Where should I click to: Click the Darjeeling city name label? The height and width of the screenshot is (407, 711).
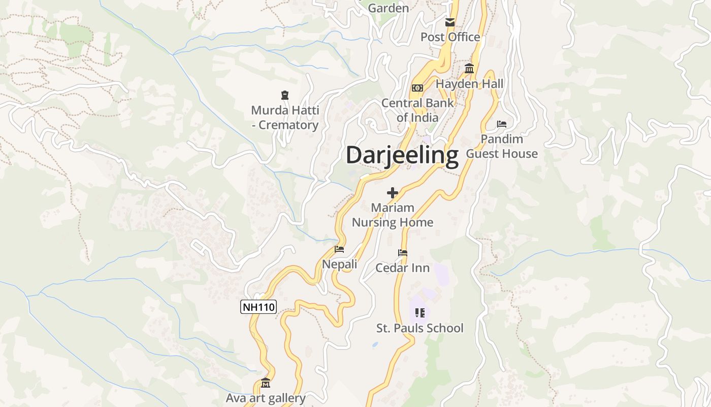(402, 155)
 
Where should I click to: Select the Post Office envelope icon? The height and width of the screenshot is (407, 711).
(450, 22)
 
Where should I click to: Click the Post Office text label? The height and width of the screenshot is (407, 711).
(450, 37)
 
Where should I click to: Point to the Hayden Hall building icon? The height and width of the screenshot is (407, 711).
(469, 69)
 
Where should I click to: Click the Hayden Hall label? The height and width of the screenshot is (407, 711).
(469, 84)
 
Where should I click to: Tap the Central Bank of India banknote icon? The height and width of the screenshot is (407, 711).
(417, 88)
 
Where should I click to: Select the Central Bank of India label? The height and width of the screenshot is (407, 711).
(417, 110)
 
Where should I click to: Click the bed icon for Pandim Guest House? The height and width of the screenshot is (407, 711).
(502, 124)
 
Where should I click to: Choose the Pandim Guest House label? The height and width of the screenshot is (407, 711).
(502, 147)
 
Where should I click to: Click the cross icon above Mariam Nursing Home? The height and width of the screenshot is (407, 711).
(393, 193)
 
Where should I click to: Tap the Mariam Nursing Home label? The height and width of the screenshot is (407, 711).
(393, 215)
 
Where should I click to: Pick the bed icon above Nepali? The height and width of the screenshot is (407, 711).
(339, 249)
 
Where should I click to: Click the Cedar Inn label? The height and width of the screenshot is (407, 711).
(402, 268)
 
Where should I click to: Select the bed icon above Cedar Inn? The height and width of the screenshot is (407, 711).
(403, 253)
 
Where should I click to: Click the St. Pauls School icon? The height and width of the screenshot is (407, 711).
(419, 313)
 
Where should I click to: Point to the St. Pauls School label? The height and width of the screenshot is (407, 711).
(419, 328)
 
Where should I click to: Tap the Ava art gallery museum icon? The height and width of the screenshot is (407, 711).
(266, 383)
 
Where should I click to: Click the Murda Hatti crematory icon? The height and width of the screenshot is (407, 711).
(285, 95)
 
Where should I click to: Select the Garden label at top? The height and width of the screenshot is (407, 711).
(388, 8)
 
